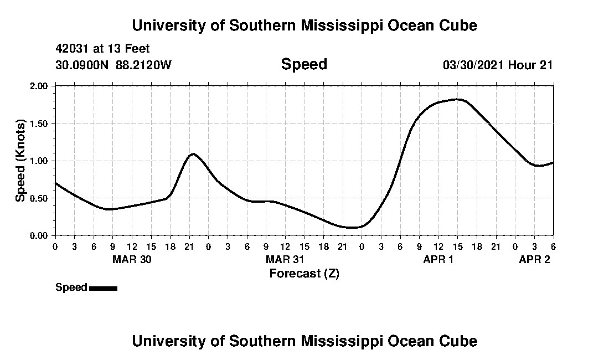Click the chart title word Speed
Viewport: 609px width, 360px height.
304,64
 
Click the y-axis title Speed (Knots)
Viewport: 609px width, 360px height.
20,160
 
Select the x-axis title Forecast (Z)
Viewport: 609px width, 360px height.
304,273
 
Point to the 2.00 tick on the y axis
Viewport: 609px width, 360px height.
39,86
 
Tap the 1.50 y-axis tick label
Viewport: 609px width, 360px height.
39,124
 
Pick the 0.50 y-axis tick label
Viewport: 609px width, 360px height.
39,198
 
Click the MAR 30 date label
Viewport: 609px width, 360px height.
132,259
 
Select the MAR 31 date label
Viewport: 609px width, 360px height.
285,259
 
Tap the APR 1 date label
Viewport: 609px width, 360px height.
438,259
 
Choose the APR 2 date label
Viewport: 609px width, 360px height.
534,259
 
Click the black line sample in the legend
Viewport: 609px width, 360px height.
103,288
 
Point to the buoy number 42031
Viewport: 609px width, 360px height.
71,49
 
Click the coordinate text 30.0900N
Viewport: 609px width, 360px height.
82,65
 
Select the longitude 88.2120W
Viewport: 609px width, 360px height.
144,65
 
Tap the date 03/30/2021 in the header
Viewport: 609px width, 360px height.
474,65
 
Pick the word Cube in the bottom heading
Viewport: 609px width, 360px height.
460,341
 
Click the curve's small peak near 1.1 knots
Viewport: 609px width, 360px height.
193,153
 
